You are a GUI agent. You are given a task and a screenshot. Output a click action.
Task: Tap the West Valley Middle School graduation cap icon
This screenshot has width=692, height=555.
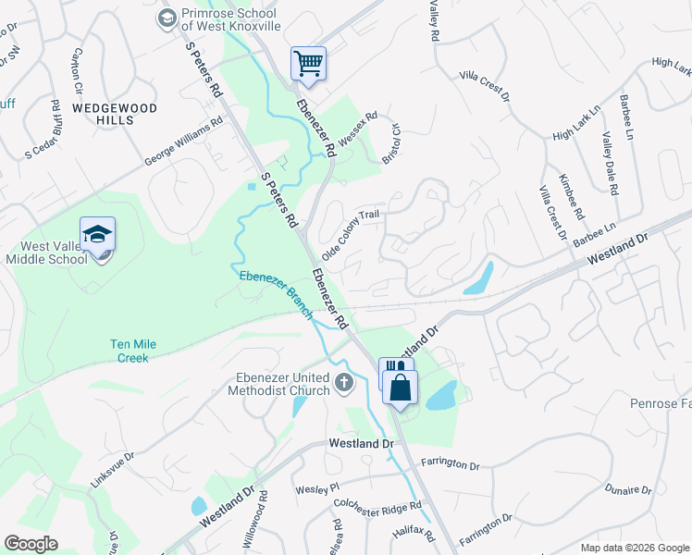click(97, 235)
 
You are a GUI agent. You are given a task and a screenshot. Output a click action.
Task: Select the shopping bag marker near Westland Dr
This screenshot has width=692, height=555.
click(401, 388)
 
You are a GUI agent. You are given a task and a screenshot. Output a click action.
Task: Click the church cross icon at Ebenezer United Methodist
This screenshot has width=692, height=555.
click(344, 382)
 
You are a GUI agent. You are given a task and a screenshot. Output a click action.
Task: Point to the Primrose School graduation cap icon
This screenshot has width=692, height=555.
click(167, 18)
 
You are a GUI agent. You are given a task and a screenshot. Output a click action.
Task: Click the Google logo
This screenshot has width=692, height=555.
click(31, 544)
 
